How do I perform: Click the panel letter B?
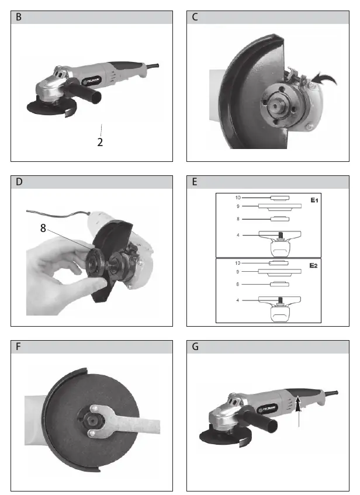tap(19, 17)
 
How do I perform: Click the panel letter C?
tap(195, 17)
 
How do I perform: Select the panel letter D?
tap(19, 182)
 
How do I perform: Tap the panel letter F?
tap(18, 347)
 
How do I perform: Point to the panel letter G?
tap(195, 347)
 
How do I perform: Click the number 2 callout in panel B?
tap(100, 142)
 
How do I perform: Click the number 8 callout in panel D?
tap(43, 227)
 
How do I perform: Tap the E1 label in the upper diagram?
tap(314, 200)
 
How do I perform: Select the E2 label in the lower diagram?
tap(313, 265)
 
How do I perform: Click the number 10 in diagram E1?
tap(238, 198)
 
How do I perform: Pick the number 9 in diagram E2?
tap(238, 272)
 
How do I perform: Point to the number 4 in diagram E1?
tap(238, 235)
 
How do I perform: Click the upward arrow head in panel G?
tap(298, 404)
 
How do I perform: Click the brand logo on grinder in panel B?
tap(92, 81)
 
